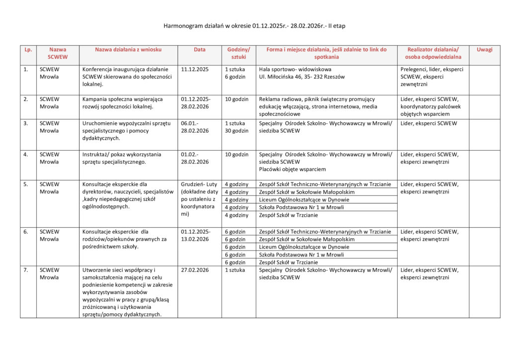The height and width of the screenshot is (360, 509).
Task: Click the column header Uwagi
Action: [x=484, y=50]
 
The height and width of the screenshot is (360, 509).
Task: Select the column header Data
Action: [x=199, y=50]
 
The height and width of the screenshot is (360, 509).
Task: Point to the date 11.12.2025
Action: [x=195, y=70]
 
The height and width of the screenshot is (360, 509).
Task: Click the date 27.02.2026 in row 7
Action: [x=195, y=270]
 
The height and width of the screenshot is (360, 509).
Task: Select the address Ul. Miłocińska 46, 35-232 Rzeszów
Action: [x=302, y=77]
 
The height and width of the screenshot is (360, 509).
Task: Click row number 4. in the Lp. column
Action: [x=26, y=154]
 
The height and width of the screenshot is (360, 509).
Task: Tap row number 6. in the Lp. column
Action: [x=26, y=232]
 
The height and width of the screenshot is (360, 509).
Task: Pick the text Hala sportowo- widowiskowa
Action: [x=295, y=70]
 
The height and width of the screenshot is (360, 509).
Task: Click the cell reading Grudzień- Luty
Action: [x=199, y=184]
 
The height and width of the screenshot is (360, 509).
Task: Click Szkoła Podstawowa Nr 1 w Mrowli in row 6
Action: [x=301, y=255]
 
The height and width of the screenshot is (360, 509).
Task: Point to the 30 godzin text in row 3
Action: [x=236, y=131]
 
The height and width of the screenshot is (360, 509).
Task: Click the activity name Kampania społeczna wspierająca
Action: [x=122, y=99]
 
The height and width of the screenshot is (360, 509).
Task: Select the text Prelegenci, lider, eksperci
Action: [x=431, y=70]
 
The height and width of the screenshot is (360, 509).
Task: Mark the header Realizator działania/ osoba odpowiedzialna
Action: [x=433, y=53]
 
